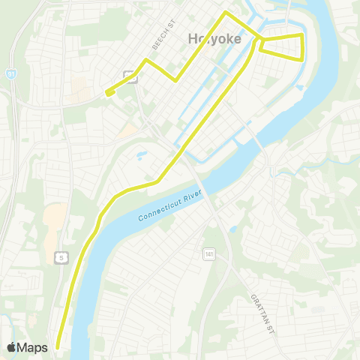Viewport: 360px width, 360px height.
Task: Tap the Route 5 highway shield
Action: pos(61,257)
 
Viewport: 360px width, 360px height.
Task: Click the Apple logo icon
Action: pos(11,346)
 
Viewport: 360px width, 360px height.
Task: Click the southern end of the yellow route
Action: pos(57,346)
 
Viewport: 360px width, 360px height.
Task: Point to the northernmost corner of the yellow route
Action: pos(226,13)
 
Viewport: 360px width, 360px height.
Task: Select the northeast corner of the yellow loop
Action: pos(301,34)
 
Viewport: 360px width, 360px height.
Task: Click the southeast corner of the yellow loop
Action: pos(302,59)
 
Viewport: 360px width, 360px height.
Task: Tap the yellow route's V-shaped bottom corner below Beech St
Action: pos(175,79)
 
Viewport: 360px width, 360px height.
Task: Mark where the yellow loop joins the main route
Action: pos(260,37)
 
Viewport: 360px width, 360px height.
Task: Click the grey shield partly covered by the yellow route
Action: pos(130,74)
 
